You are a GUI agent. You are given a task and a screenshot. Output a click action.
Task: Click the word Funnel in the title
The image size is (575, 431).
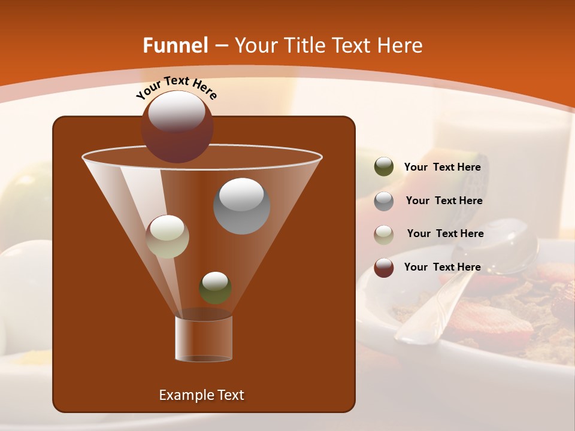tap(175, 45)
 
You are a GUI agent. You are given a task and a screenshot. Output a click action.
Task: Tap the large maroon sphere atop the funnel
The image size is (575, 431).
tap(177, 127)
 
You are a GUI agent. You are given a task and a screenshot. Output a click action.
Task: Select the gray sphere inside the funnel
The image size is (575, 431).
tap(241, 206)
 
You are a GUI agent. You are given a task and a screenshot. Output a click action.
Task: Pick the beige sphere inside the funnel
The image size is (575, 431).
tap(168, 236)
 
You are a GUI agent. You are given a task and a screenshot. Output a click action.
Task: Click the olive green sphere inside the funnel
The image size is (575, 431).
tap(215, 287)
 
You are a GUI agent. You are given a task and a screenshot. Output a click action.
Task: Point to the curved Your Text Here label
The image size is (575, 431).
tap(177, 87)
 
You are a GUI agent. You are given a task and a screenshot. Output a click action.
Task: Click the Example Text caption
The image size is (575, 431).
tap(201, 395)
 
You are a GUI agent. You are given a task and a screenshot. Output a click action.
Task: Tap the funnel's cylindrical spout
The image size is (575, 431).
tap(204, 339)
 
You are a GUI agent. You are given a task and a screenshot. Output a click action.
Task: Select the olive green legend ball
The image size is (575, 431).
tap(384, 167)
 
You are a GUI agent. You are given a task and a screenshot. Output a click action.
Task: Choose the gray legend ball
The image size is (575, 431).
tap(384, 201)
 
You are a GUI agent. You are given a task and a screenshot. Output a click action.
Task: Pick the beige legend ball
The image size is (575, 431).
tap(384, 234)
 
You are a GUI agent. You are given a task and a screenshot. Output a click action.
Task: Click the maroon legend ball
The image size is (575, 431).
tap(384, 268)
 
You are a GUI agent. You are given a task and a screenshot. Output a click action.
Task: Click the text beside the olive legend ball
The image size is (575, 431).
tap(442, 168)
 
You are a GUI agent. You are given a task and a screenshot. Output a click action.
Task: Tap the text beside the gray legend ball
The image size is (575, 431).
tap(444, 201)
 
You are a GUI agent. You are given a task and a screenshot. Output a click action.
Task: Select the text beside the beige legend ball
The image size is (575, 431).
tap(445, 234)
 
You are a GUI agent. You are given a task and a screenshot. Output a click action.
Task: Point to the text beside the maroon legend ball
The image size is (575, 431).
tap(442, 268)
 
